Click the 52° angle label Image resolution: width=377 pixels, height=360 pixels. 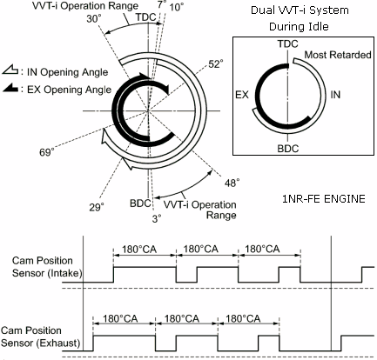(216, 64)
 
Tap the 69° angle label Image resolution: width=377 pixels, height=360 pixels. (47, 152)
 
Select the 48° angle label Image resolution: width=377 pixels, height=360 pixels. (232, 183)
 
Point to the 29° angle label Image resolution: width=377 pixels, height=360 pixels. (97, 207)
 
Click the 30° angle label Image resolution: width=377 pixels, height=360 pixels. (94, 19)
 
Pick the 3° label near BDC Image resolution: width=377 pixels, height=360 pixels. (157, 218)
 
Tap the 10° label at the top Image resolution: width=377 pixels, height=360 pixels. (177, 7)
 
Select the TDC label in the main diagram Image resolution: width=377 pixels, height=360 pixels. (146, 17)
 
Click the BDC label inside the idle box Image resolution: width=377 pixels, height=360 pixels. (288, 149)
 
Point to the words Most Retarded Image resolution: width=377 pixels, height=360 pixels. (338, 55)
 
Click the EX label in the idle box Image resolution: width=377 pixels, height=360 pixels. (242, 95)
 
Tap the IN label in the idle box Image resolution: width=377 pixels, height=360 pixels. (335, 95)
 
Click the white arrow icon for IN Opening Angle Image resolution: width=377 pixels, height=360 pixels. (10, 70)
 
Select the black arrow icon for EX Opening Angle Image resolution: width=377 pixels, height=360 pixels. (10, 88)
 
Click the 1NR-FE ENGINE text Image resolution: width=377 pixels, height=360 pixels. (324, 199)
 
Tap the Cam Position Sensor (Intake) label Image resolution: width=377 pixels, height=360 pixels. (47, 267)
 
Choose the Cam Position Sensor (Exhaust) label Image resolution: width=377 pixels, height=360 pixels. (40, 337)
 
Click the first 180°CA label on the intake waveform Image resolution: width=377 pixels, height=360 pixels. (139, 250)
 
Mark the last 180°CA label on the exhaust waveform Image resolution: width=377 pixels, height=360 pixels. (243, 319)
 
